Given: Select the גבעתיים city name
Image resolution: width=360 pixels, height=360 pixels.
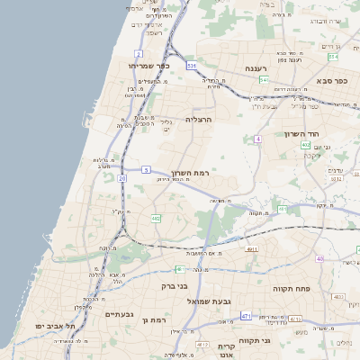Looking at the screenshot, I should (x=119, y=314).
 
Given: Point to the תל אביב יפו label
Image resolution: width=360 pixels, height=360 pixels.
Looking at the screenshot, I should (x=57, y=325).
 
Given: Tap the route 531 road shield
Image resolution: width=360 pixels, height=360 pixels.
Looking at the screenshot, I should (x=191, y=66).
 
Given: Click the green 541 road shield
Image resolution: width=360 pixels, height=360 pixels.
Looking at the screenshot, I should (x=264, y=80).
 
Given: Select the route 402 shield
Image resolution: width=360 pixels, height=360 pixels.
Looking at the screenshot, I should (x=306, y=145).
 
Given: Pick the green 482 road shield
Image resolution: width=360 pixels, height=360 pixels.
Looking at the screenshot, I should (x=157, y=218).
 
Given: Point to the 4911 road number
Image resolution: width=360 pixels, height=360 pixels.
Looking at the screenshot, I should (x=251, y=249).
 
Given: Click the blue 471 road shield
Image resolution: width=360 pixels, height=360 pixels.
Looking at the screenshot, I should (x=246, y=316).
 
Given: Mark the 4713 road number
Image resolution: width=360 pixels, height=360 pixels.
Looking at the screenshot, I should (x=295, y=319).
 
